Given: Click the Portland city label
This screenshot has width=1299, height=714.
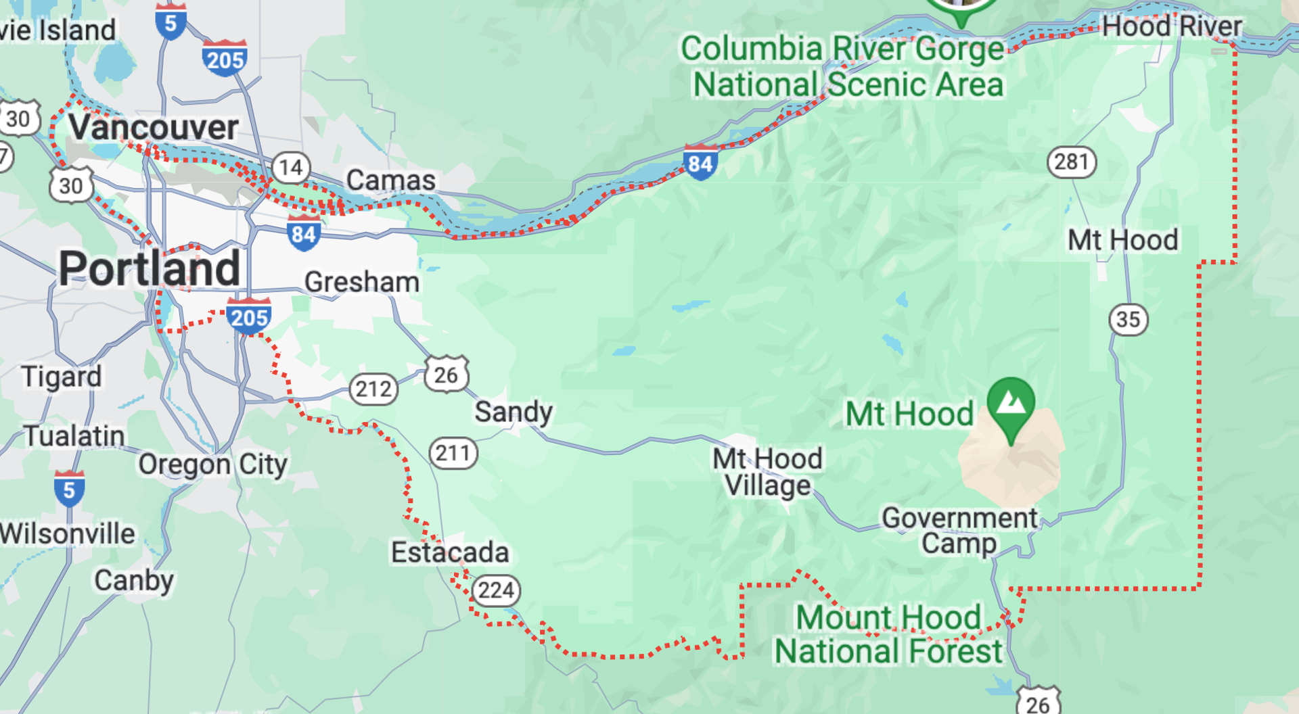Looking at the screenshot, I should pos(150,268).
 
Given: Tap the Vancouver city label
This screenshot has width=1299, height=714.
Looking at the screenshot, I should pos(154,128).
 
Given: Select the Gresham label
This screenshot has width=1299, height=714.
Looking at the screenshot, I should pos(362,282).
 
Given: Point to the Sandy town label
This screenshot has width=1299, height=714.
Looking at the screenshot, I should pos(514,412).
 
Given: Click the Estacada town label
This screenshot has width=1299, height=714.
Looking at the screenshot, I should pos(450,552).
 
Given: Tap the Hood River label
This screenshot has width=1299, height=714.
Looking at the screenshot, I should pos(1172,27).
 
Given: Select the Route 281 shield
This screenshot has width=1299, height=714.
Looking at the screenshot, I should pos(1072,162).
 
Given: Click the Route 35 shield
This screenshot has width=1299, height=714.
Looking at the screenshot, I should pos(1129,319).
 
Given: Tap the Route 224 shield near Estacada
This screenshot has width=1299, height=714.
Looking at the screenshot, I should pos(496,591).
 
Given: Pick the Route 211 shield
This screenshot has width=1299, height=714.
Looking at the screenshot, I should pos(453,453).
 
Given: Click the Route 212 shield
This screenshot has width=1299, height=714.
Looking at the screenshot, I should pos(373,389).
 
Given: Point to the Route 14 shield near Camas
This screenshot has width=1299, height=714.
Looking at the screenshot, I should pos(292,167).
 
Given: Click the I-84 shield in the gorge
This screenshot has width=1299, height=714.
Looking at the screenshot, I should pos(700,162).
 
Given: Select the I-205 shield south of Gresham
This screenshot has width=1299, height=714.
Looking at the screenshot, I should pos(249,316).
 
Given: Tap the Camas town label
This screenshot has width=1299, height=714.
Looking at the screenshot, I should pos(391,181).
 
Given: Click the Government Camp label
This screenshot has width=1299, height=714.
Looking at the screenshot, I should pos(959,531).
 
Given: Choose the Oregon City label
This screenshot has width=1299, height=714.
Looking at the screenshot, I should pos(213,465).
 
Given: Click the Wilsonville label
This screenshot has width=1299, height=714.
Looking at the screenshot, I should pos(68,533).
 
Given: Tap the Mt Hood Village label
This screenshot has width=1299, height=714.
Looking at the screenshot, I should pos(768,472).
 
